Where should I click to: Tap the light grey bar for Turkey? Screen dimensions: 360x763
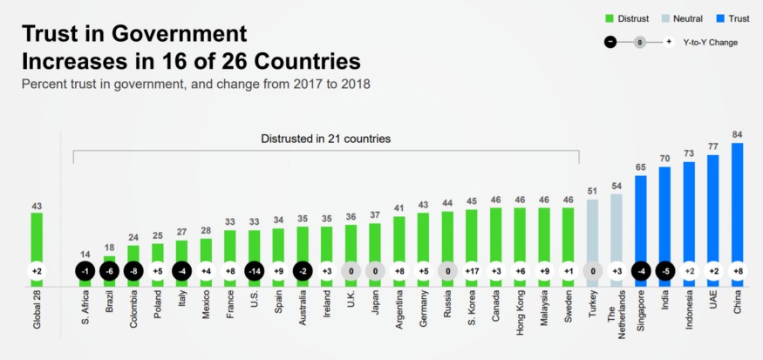(592, 227)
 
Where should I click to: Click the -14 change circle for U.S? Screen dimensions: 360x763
(254, 271)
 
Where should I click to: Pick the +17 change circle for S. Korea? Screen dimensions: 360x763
(471, 271)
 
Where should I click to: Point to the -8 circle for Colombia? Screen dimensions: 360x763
(133, 271)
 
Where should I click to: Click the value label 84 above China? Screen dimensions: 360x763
(737, 134)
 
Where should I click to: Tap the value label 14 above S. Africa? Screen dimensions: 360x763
(85, 255)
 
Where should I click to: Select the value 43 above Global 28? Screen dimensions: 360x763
(37, 207)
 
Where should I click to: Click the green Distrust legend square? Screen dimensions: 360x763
(610, 17)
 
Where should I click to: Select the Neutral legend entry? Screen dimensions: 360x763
(681, 17)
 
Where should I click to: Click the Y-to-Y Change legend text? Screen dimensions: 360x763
(711, 41)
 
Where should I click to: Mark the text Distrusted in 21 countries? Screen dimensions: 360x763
(325, 138)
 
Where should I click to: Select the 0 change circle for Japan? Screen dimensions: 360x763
(375, 271)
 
